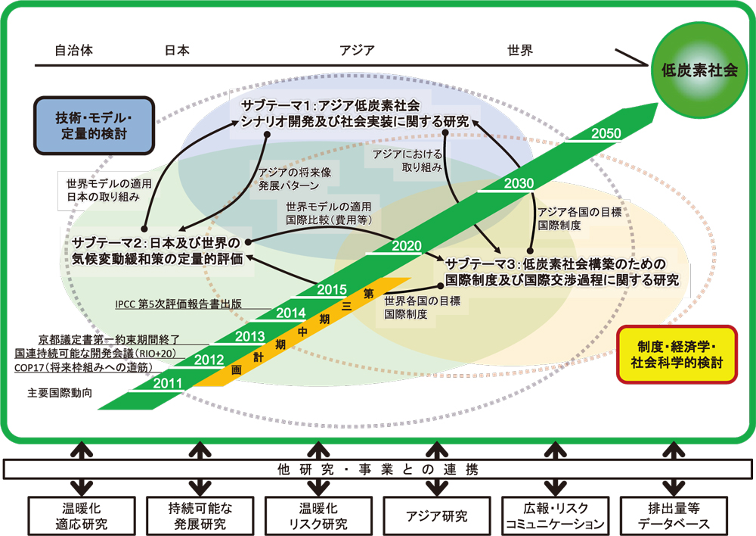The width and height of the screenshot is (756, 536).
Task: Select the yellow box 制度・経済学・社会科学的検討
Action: click(x=675, y=354)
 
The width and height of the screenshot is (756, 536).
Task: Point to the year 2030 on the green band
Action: click(x=518, y=183)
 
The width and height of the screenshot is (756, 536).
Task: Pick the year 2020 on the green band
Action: click(x=407, y=246)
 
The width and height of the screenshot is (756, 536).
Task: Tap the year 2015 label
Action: click(x=331, y=288)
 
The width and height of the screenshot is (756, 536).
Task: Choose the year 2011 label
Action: click(x=166, y=382)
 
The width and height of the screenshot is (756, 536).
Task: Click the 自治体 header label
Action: click(x=74, y=51)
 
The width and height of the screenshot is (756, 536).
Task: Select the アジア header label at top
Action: click(x=357, y=51)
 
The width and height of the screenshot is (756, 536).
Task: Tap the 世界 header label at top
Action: click(x=520, y=51)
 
